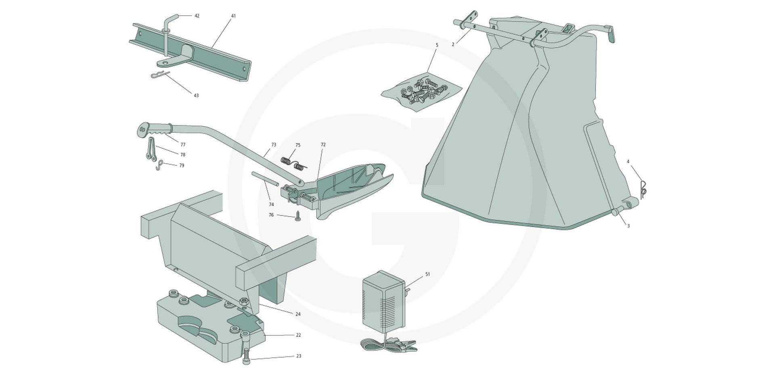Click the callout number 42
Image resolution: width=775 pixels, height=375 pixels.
point(197,16)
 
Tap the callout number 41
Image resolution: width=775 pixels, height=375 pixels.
point(233,16)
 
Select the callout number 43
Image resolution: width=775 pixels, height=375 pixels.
point(196,96)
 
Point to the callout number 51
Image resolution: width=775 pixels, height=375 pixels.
point(427,274)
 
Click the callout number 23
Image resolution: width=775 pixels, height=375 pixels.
point(299,356)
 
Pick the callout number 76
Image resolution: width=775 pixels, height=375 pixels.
point(271,215)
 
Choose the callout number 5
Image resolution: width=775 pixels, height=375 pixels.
point(437,45)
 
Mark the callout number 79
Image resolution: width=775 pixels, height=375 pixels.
point(182,165)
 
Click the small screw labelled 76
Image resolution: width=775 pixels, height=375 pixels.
point(298,216)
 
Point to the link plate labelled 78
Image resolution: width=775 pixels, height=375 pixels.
point(150,149)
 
